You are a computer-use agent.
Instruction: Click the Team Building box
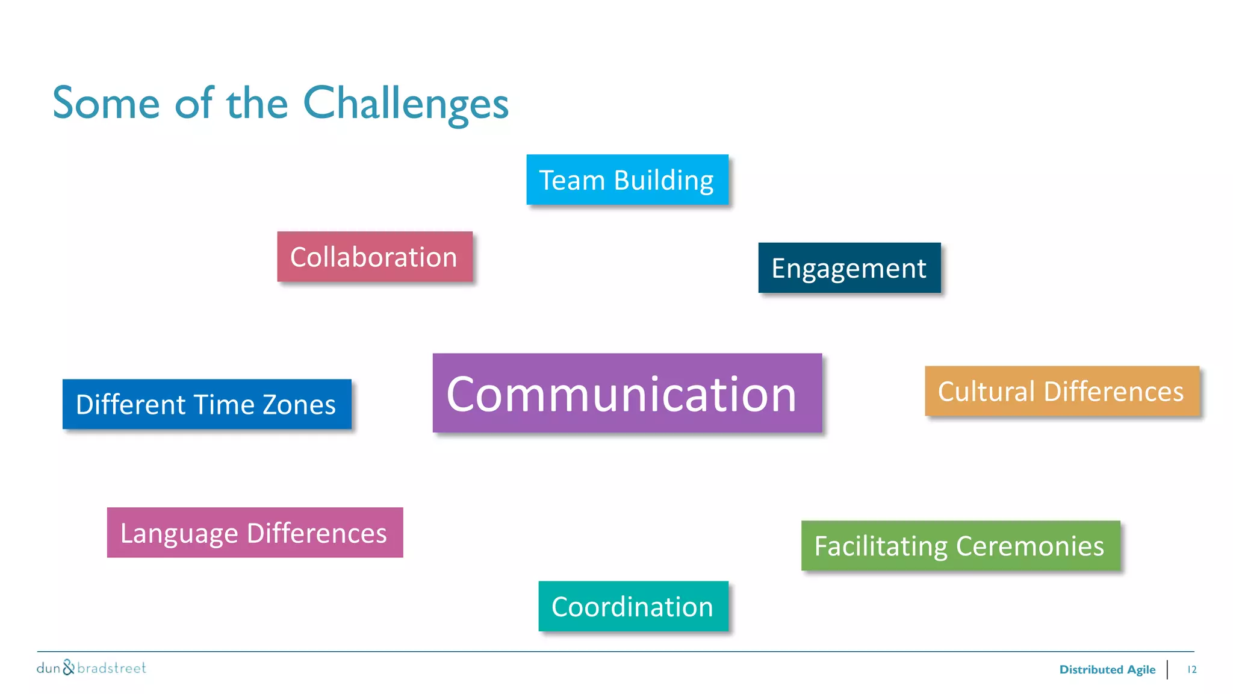pos(627,180)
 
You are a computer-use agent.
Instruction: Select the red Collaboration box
pos(374,257)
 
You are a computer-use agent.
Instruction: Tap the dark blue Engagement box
pos(849,268)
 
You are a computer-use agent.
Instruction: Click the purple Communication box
pos(627,393)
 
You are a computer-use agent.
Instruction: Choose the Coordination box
pos(633,606)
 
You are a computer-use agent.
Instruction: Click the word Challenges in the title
pos(406,104)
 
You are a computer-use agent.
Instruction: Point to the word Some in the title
pos(106,104)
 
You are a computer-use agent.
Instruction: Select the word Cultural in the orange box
pos(986,392)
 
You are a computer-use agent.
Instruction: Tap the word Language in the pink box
pos(179,534)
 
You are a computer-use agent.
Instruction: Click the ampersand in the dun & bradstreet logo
pos(69,667)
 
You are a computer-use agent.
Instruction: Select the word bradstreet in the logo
pos(112,668)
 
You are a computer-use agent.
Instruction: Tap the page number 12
pos(1191,669)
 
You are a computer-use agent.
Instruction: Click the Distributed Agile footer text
pos(1107,669)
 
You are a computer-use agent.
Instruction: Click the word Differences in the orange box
pos(1113,392)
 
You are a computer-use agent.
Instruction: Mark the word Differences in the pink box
pos(317,533)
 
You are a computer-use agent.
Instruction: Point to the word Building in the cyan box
pos(663,180)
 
